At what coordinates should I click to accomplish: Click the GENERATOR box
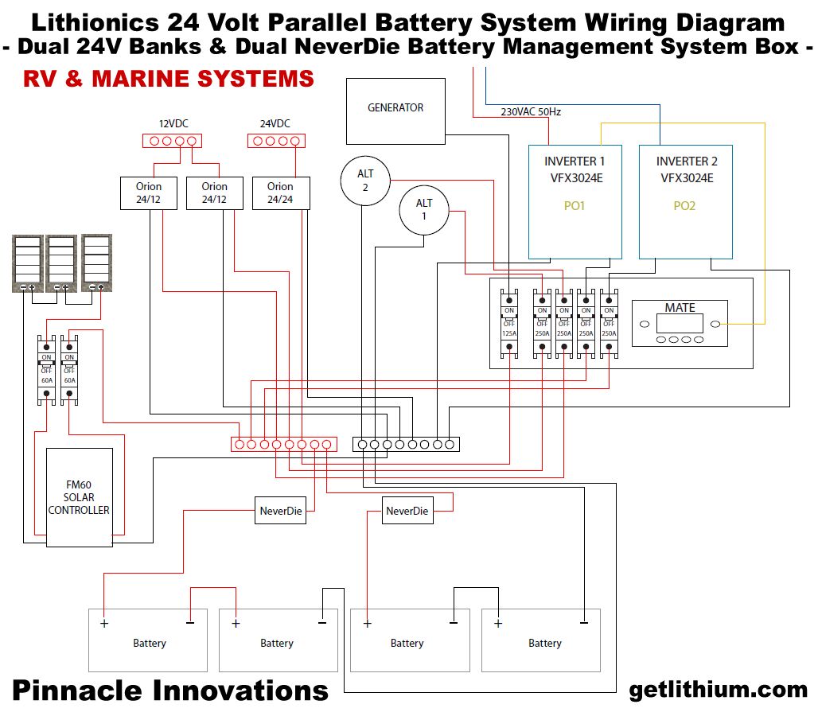pos(395,111)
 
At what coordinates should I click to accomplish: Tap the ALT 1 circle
pos(424,211)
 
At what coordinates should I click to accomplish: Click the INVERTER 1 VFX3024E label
pos(574,169)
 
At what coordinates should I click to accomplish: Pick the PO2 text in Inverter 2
pos(684,206)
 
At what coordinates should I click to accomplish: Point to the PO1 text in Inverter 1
pos(574,206)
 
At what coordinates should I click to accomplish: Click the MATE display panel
pos(680,323)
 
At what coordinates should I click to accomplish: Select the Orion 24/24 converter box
pos(280,193)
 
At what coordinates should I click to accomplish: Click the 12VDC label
pos(174,124)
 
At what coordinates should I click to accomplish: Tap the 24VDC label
pos(275,124)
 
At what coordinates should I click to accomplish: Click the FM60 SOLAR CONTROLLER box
pos(79,497)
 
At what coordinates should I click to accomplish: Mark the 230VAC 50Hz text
pos(531,112)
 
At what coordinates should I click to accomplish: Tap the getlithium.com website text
pos(718,690)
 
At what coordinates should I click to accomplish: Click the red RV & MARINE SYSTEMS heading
pos(169,79)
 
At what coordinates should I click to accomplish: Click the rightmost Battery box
pos(541,640)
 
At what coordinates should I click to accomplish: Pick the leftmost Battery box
pos(148,640)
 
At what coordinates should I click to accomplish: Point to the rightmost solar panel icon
pos(96,263)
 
